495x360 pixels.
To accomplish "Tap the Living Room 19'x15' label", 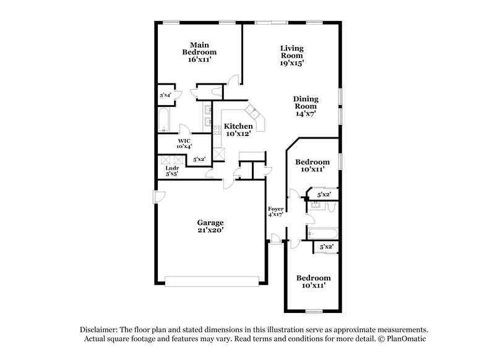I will pos(291,55).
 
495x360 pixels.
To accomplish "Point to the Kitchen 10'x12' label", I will pos(238,130).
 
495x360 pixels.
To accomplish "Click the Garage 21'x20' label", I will pos(210,226).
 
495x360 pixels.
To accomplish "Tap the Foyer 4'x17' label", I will pos(275,212).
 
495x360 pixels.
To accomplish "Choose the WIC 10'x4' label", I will pos(184,144).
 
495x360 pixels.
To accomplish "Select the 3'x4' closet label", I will pos(165,95).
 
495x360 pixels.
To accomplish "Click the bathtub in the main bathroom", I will pos(164,121).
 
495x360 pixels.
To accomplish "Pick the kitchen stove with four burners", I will pos(217,129).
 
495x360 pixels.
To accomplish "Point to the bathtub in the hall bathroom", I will pos(322,234).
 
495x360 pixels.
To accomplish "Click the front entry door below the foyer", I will pos(275,239).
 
